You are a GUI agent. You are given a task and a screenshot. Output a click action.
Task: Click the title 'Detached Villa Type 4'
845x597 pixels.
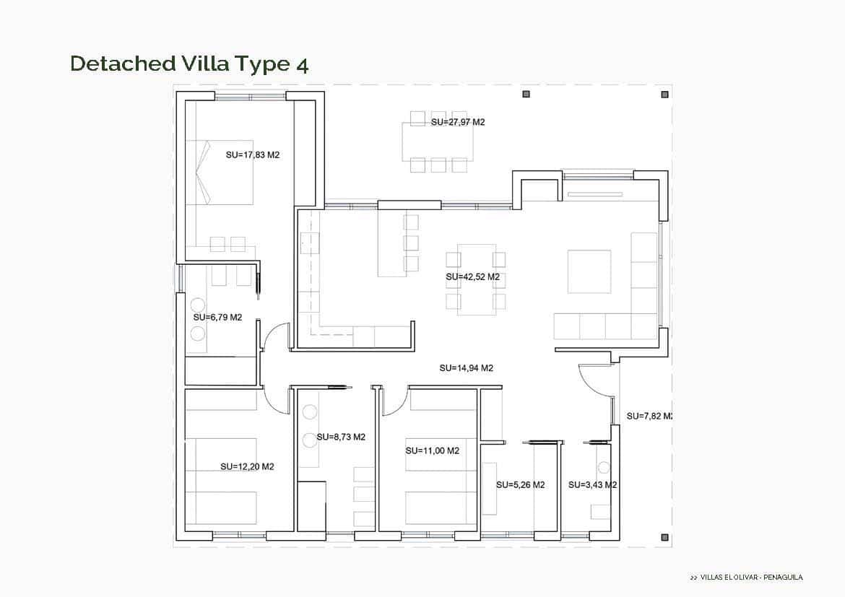coord(189,64)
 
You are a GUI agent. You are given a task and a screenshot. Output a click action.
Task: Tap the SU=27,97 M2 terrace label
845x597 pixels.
coord(458,122)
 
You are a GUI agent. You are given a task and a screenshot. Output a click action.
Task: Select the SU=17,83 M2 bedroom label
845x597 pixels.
coord(253,154)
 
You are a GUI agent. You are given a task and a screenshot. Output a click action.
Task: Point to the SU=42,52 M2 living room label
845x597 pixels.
coord(473,276)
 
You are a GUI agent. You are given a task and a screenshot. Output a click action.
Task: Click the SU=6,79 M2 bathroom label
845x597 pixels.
coord(217,317)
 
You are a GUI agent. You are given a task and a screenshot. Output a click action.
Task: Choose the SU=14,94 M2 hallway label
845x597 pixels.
coord(466,368)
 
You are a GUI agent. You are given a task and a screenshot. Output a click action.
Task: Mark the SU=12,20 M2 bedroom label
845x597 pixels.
coord(247,466)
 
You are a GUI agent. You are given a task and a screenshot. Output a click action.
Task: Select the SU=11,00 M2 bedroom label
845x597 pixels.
coord(432,450)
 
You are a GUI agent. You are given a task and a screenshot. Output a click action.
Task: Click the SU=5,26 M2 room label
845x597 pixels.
coord(520,484)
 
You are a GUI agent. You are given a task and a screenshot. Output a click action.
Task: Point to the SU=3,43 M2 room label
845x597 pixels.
coord(592,484)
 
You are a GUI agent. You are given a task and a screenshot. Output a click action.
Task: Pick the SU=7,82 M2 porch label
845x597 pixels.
coord(649,416)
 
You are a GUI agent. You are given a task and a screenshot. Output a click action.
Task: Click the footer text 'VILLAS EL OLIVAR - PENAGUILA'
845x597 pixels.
coord(746,577)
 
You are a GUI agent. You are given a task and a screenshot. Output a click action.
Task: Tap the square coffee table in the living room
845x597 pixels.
coord(589,271)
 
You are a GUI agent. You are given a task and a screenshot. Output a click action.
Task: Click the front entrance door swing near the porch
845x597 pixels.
coord(596,379)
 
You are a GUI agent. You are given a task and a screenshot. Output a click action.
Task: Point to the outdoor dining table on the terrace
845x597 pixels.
coord(438,141)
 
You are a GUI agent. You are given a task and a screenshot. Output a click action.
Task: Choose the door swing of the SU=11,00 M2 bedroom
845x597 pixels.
coord(394,402)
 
